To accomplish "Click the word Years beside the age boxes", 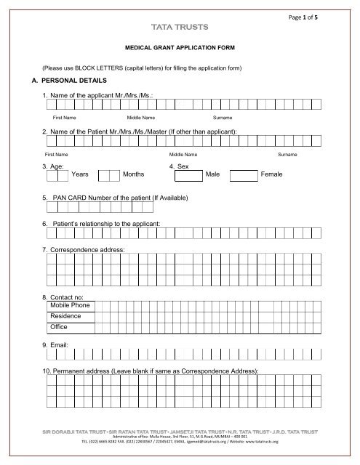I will (x=80, y=175).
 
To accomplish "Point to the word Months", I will (x=134, y=175).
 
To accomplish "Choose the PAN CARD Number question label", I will (x=115, y=198).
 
